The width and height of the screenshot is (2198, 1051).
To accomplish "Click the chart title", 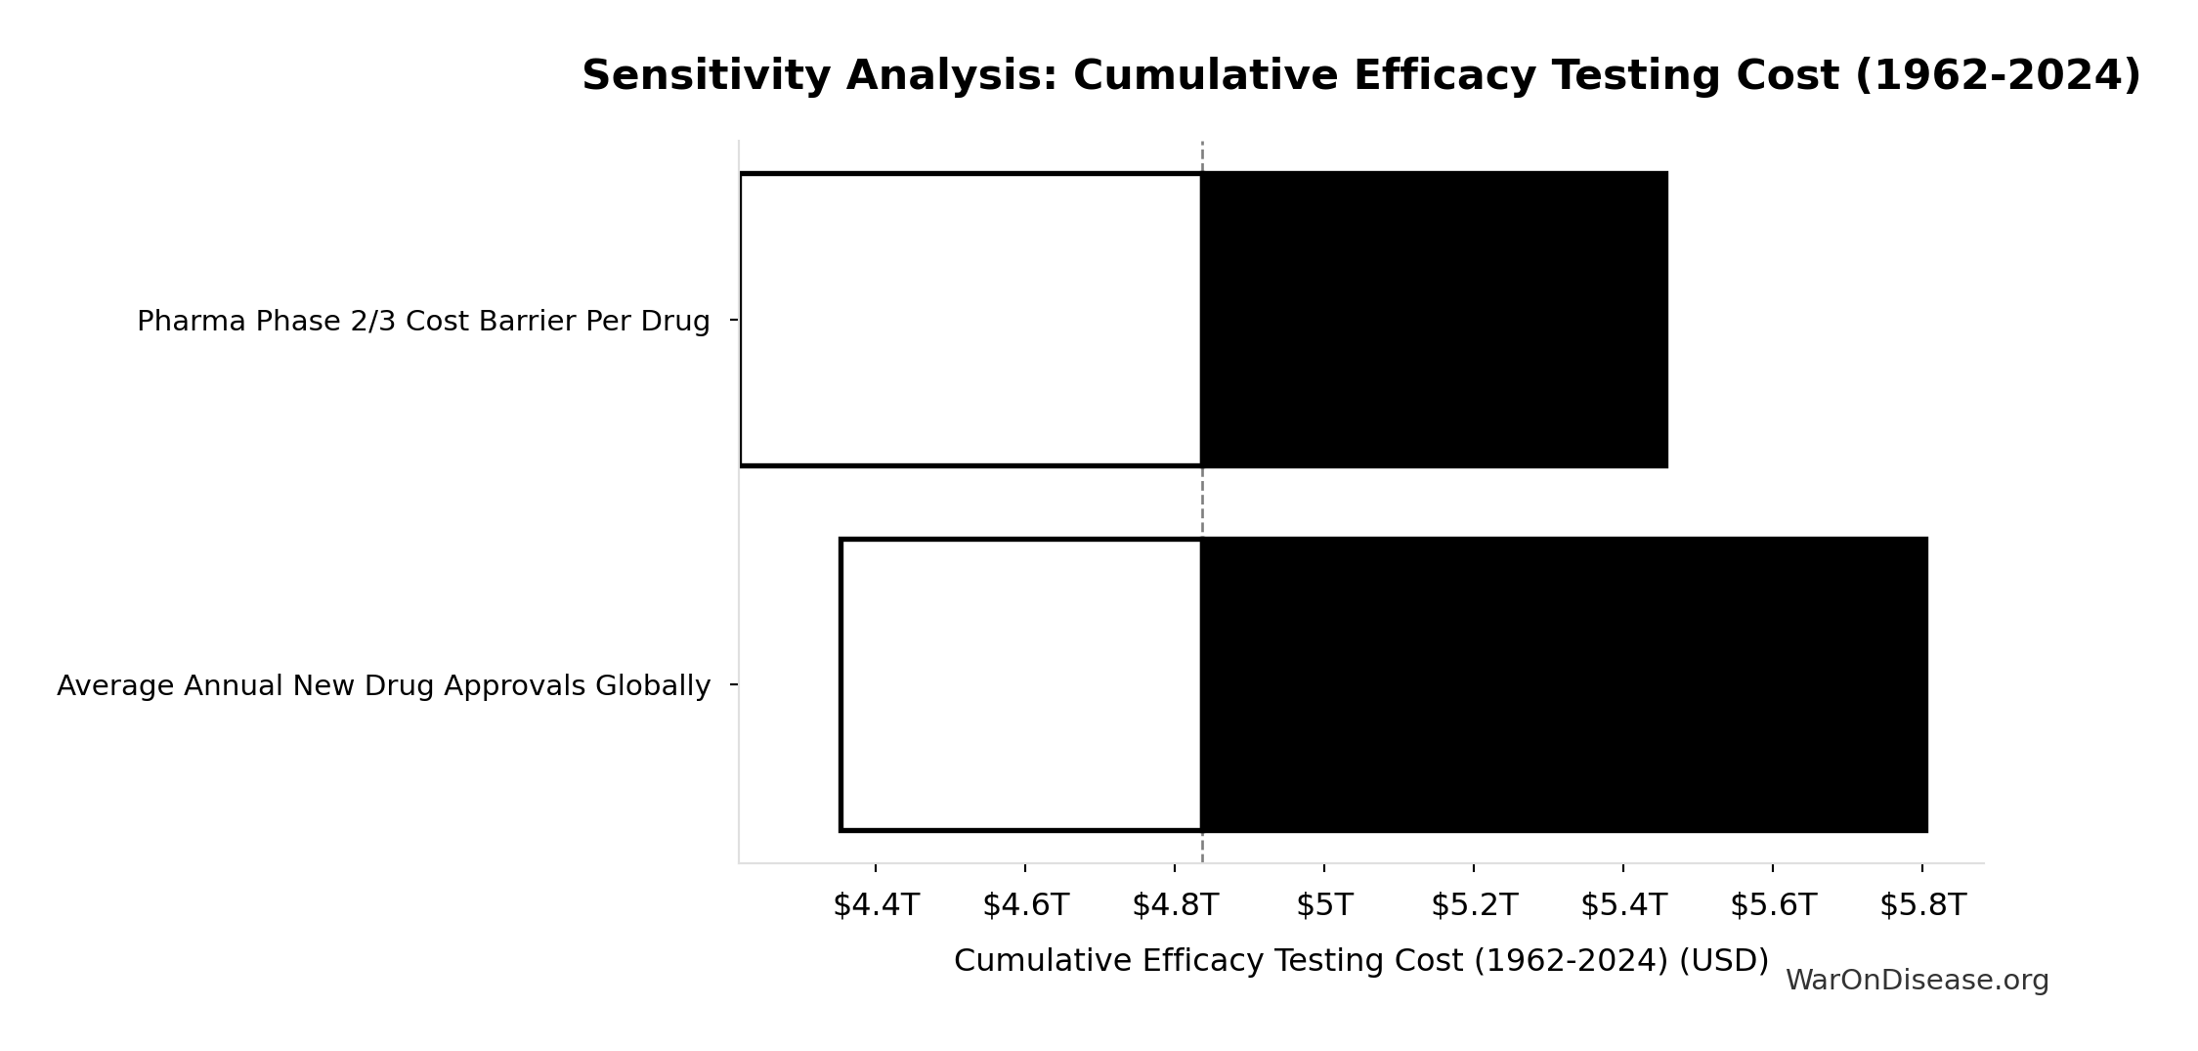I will point(1360,76).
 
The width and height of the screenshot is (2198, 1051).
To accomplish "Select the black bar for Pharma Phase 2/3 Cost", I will point(1434,320).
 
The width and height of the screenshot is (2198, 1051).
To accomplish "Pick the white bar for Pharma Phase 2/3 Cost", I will point(970,320).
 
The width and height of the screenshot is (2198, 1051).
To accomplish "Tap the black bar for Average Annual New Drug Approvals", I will point(1564,684).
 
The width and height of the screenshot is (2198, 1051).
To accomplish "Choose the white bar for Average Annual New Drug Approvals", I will point(1020,684).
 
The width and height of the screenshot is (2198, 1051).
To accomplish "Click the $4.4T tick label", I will point(876,905).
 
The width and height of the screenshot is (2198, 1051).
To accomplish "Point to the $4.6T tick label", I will point(1025,905).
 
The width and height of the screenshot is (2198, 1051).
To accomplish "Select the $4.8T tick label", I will point(1175,905).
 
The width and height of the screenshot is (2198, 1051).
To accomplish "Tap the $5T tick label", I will point(1324,905).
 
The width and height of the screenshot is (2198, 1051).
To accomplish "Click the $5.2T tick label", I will point(1474,905).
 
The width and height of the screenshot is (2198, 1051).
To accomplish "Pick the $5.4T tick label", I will point(1623,905).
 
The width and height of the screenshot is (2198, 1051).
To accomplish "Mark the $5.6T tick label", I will point(1773,905).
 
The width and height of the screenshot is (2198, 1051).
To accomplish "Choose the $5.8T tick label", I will point(1922,905).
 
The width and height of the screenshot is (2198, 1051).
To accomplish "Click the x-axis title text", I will point(1360,961).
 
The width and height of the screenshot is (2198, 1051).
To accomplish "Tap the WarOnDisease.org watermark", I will point(1917,981).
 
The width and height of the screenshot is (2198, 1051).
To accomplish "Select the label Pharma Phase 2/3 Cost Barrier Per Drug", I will point(423,322).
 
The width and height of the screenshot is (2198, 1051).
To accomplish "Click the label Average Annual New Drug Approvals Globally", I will point(383,686).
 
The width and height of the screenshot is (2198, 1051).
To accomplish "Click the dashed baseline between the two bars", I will point(1202,502).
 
